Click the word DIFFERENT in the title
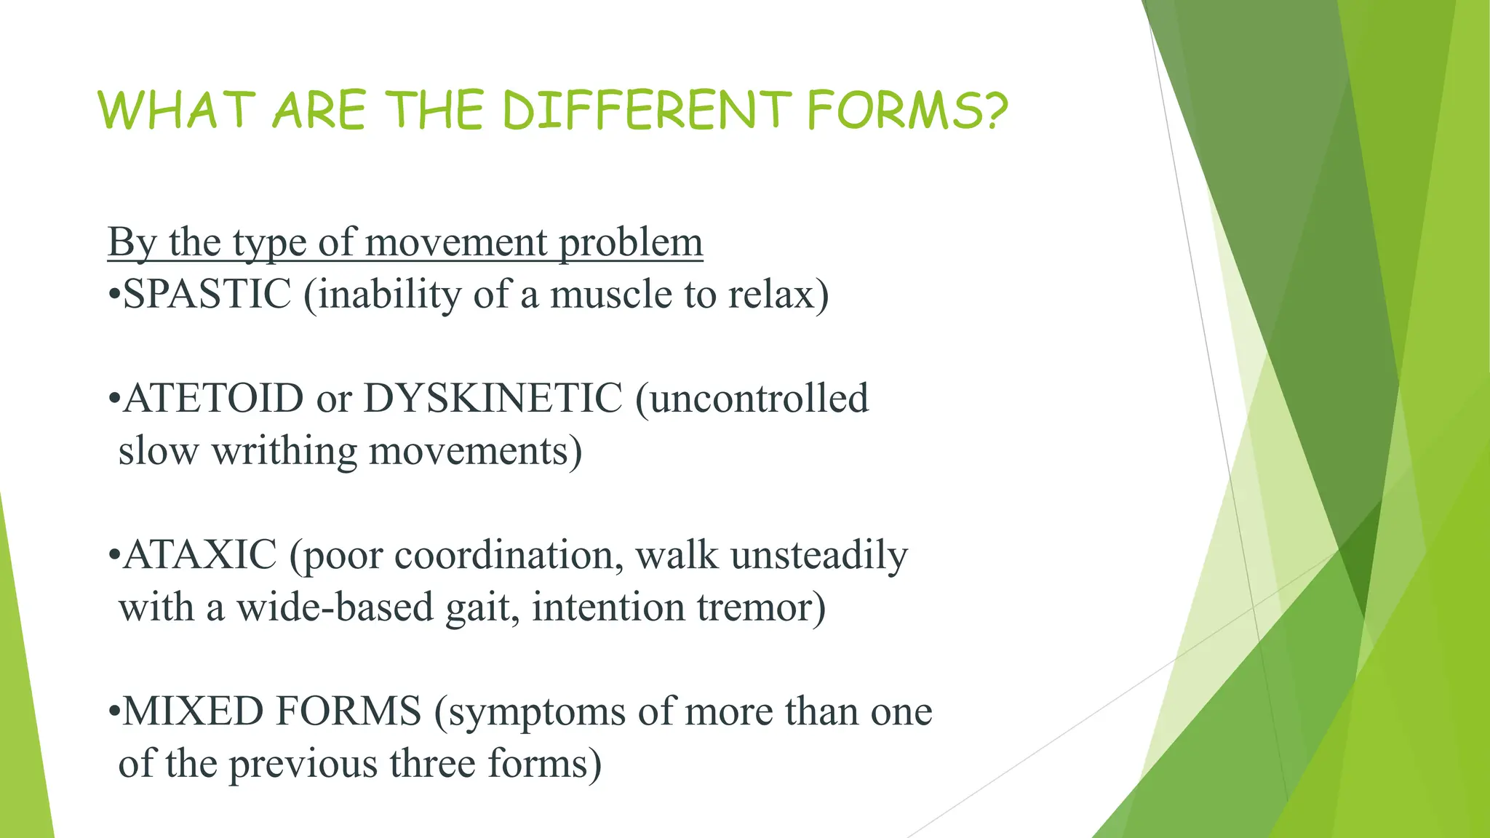pos(646,111)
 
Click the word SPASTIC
pos(207,295)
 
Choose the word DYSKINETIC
pos(493,399)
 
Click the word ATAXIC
pos(200,555)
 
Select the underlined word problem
pos(631,242)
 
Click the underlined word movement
pos(456,242)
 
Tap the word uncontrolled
pos(752,399)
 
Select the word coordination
pos(509,555)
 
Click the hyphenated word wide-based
pos(335,607)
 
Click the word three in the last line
pos(433,764)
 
